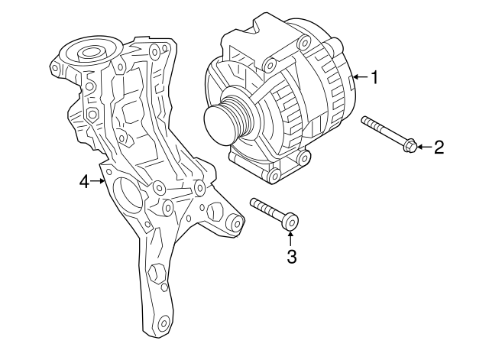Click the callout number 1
pyautogui.click(x=374, y=76)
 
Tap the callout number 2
pyautogui.click(x=438, y=147)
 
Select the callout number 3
pyautogui.click(x=291, y=257)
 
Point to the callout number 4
pyautogui.click(x=84, y=181)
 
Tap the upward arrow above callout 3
pyautogui.click(x=290, y=237)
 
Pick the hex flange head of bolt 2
pyautogui.click(x=409, y=144)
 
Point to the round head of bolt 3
pyautogui.click(x=290, y=222)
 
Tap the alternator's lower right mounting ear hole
pyautogui.click(x=304, y=158)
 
